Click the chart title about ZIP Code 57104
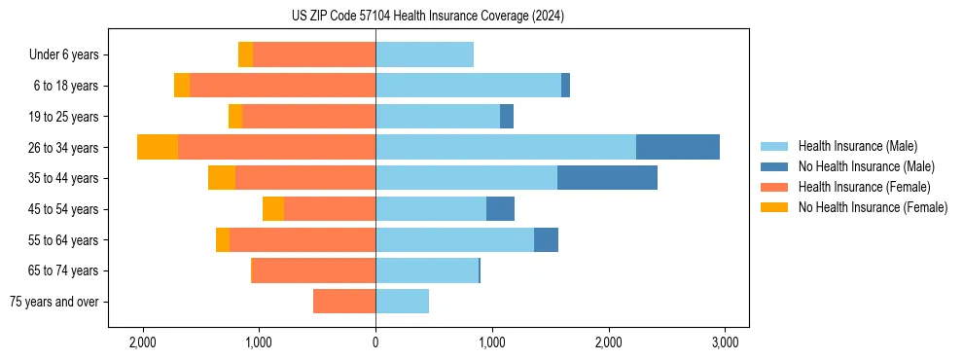[x=427, y=17]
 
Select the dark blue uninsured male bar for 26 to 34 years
[x=677, y=147]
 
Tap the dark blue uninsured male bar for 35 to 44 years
[x=607, y=178]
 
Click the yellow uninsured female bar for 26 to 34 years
[x=158, y=147]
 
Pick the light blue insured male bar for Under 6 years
[x=424, y=54]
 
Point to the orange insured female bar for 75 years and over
[x=344, y=302]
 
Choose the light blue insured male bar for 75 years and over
[x=402, y=302]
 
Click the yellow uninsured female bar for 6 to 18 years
[x=182, y=86]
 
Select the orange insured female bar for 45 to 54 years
[x=330, y=209]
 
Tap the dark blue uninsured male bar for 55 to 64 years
[x=546, y=239]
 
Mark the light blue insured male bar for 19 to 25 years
[x=438, y=117]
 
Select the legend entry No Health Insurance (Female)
[x=873, y=207]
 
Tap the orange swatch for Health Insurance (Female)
[x=774, y=187]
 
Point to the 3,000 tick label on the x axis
[x=725, y=342]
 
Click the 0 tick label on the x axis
[x=375, y=342]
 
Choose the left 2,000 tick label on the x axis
[x=143, y=342]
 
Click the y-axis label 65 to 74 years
[x=66, y=270]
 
